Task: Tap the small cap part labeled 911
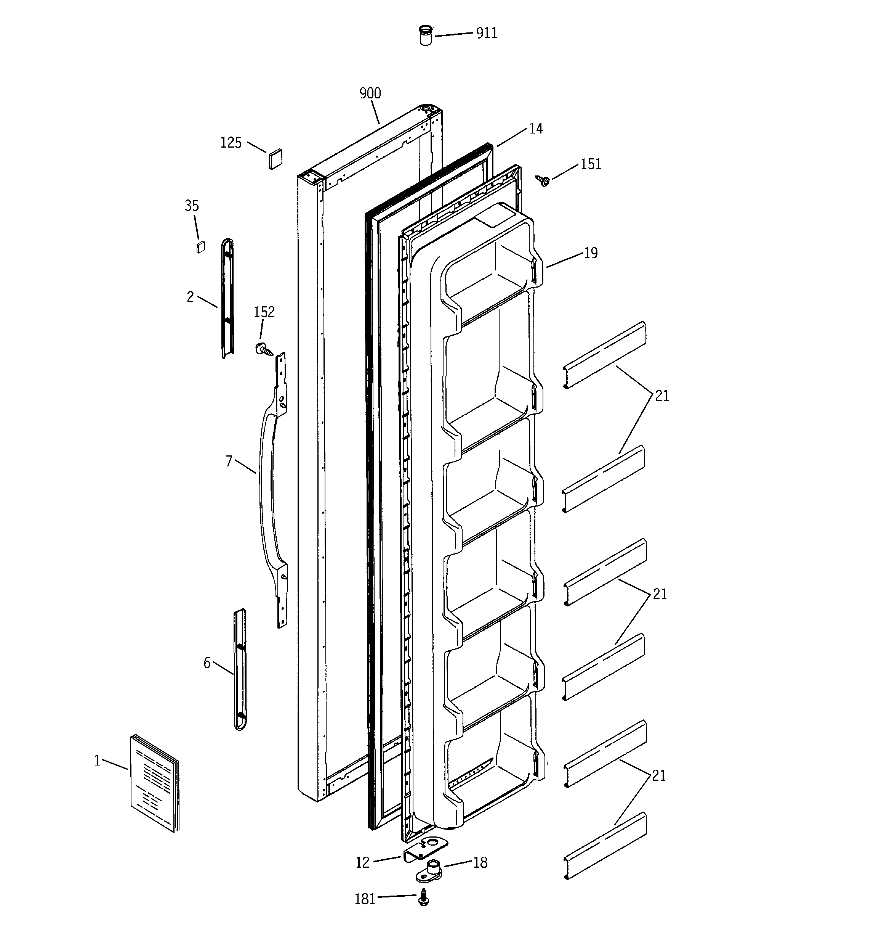tap(426, 35)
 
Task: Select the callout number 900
tap(370, 93)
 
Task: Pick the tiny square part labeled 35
tap(201, 247)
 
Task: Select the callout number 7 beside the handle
tap(229, 461)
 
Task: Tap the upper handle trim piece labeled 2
tap(228, 298)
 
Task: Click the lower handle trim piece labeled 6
tap(240, 669)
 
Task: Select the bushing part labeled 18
tap(430, 870)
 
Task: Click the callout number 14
tap(536, 129)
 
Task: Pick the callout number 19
tap(590, 253)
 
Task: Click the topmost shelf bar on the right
tap(605, 355)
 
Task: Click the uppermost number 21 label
tap(662, 396)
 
